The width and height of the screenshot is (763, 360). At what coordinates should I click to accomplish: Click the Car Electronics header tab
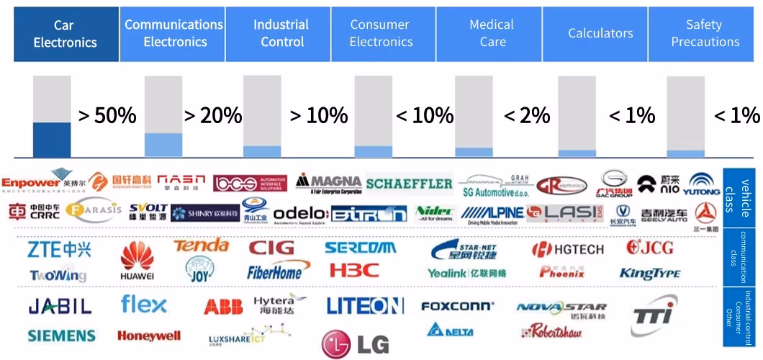pyautogui.click(x=66, y=34)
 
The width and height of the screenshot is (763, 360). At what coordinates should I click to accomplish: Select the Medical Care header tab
pyautogui.click(x=492, y=34)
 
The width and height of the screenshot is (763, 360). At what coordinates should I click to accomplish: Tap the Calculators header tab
pyautogui.click(x=600, y=34)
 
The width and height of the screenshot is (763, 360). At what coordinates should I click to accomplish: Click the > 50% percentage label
pyautogui.click(x=107, y=115)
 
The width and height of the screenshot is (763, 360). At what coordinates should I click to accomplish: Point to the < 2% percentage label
pyautogui.click(x=526, y=115)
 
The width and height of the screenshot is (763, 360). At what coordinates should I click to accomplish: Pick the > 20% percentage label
pyautogui.click(x=212, y=115)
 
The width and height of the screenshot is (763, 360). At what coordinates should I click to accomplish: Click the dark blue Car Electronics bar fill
pyautogui.click(x=52, y=139)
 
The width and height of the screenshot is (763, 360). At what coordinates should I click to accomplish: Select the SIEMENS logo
pyautogui.click(x=62, y=336)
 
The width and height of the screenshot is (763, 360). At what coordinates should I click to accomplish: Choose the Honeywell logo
pyautogui.click(x=149, y=336)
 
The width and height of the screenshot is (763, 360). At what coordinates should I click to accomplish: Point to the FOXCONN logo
pyautogui.click(x=457, y=306)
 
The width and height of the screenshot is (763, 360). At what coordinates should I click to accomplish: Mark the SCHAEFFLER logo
pyautogui.click(x=409, y=184)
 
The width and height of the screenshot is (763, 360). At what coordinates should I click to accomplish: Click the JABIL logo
pyautogui.click(x=60, y=306)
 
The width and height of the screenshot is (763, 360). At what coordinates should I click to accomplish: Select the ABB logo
pyautogui.click(x=223, y=307)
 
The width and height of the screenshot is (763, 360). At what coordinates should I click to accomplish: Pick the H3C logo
pyautogui.click(x=353, y=271)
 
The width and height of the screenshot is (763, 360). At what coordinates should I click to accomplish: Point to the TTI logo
pyautogui.click(x=654, y=314)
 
